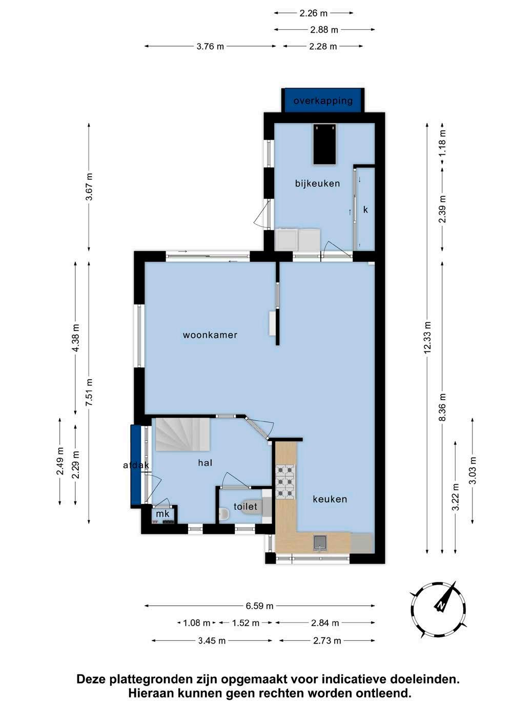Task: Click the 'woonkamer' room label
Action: [x=210, y=335]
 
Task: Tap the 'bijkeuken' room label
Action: [x=318, y=183]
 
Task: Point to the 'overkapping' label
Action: [x=323, y=100]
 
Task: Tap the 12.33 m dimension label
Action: [x=427, y=338]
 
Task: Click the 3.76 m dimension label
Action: [x=210, y=46]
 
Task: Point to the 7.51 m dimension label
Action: [x=89, y=392]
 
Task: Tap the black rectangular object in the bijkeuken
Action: [x=324, y=144]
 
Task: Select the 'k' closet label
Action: [x=365, y=210]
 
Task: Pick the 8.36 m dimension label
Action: [x=442, y=407]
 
